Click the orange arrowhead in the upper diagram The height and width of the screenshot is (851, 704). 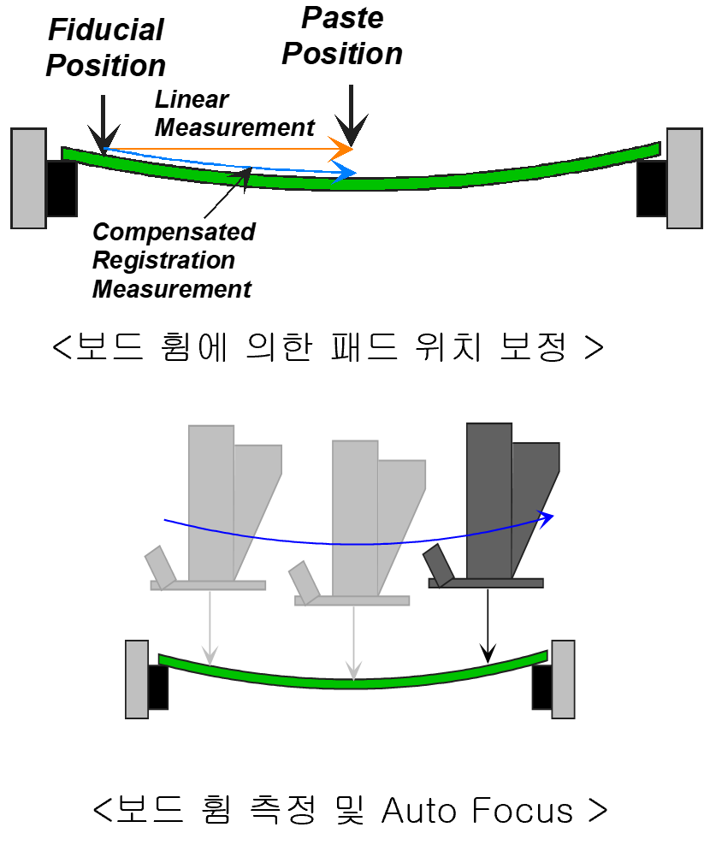coord(343,149)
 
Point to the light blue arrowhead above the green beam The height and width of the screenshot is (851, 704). coord(346,173)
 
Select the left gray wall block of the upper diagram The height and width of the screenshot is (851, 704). coord(28,178)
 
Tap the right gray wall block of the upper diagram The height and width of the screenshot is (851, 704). coord(683,178)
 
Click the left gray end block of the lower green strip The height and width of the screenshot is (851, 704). coord(137,679)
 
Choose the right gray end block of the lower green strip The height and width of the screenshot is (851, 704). coord(563,679)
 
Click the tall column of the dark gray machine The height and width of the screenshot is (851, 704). coord(489,500)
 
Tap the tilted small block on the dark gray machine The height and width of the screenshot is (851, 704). coord(438,564)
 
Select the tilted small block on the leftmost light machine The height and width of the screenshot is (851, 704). coord(160,566)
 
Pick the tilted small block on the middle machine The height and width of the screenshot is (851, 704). coord(304,582)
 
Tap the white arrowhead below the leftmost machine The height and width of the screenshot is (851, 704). coord(210,657)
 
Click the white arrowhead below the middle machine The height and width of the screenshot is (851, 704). coord(353,671)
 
